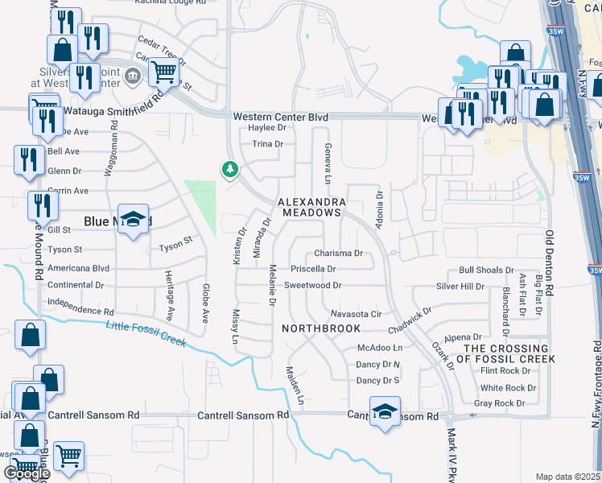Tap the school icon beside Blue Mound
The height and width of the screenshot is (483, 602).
[x=134, y=219]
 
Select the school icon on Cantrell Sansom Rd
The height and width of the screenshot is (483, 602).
[x=385, y=411]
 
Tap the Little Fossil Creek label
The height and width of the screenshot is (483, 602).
[x=146, y=333]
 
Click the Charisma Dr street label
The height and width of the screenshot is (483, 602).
[x=339, y=253]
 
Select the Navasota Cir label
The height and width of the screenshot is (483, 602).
[x=355, y=313]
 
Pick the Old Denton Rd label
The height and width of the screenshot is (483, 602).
[x=550, y=262]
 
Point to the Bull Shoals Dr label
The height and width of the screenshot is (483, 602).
[x=486, y=270]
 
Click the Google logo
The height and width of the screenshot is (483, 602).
[x=27, y=473]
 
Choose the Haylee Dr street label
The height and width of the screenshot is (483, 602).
[x=267, y=128]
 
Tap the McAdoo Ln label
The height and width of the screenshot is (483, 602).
[x=379, y=348]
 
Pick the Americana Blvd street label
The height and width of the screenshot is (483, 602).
[x=78, y=268]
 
